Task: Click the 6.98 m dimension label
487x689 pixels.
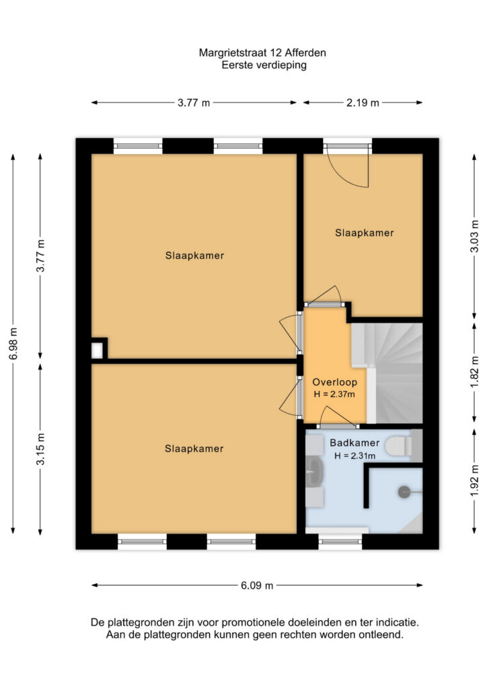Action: (x=13, y=344)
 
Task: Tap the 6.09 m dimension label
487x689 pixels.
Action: (x=257, y=585)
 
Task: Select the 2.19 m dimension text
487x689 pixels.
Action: (x=363, y=103)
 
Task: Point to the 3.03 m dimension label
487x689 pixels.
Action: (x=474, y=236)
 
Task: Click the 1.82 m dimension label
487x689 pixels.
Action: (x=474, y=371)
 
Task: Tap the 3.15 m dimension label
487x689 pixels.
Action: (x=40, y=449)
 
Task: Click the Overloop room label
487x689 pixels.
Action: (x=334, y=382)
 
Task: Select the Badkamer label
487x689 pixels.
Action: (x=354, y=443)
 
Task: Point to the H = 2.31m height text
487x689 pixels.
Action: (x=354, y=456)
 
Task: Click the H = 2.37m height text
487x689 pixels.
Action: (x=334, y=394)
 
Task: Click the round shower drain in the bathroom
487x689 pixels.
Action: (x=404, y=492)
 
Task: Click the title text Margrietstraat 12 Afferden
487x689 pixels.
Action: (x=262, y=53)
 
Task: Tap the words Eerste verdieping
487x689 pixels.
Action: (x=264, y=65)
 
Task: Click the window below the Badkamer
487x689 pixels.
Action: (x=340, y=542)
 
